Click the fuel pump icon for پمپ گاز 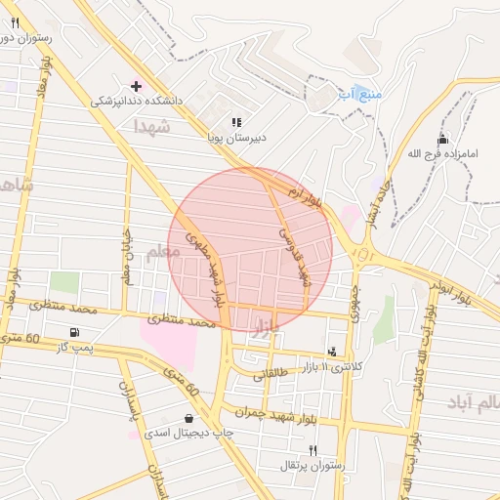coord(74,333)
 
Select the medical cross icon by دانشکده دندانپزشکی coord(136,86)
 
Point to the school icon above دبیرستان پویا coord(236,123)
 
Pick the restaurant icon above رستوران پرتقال coord(312,450)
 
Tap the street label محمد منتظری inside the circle coord(181,319)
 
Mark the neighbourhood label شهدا coord(153,127)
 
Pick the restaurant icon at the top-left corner coord(16,22)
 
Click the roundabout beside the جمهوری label coord(363,256)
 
